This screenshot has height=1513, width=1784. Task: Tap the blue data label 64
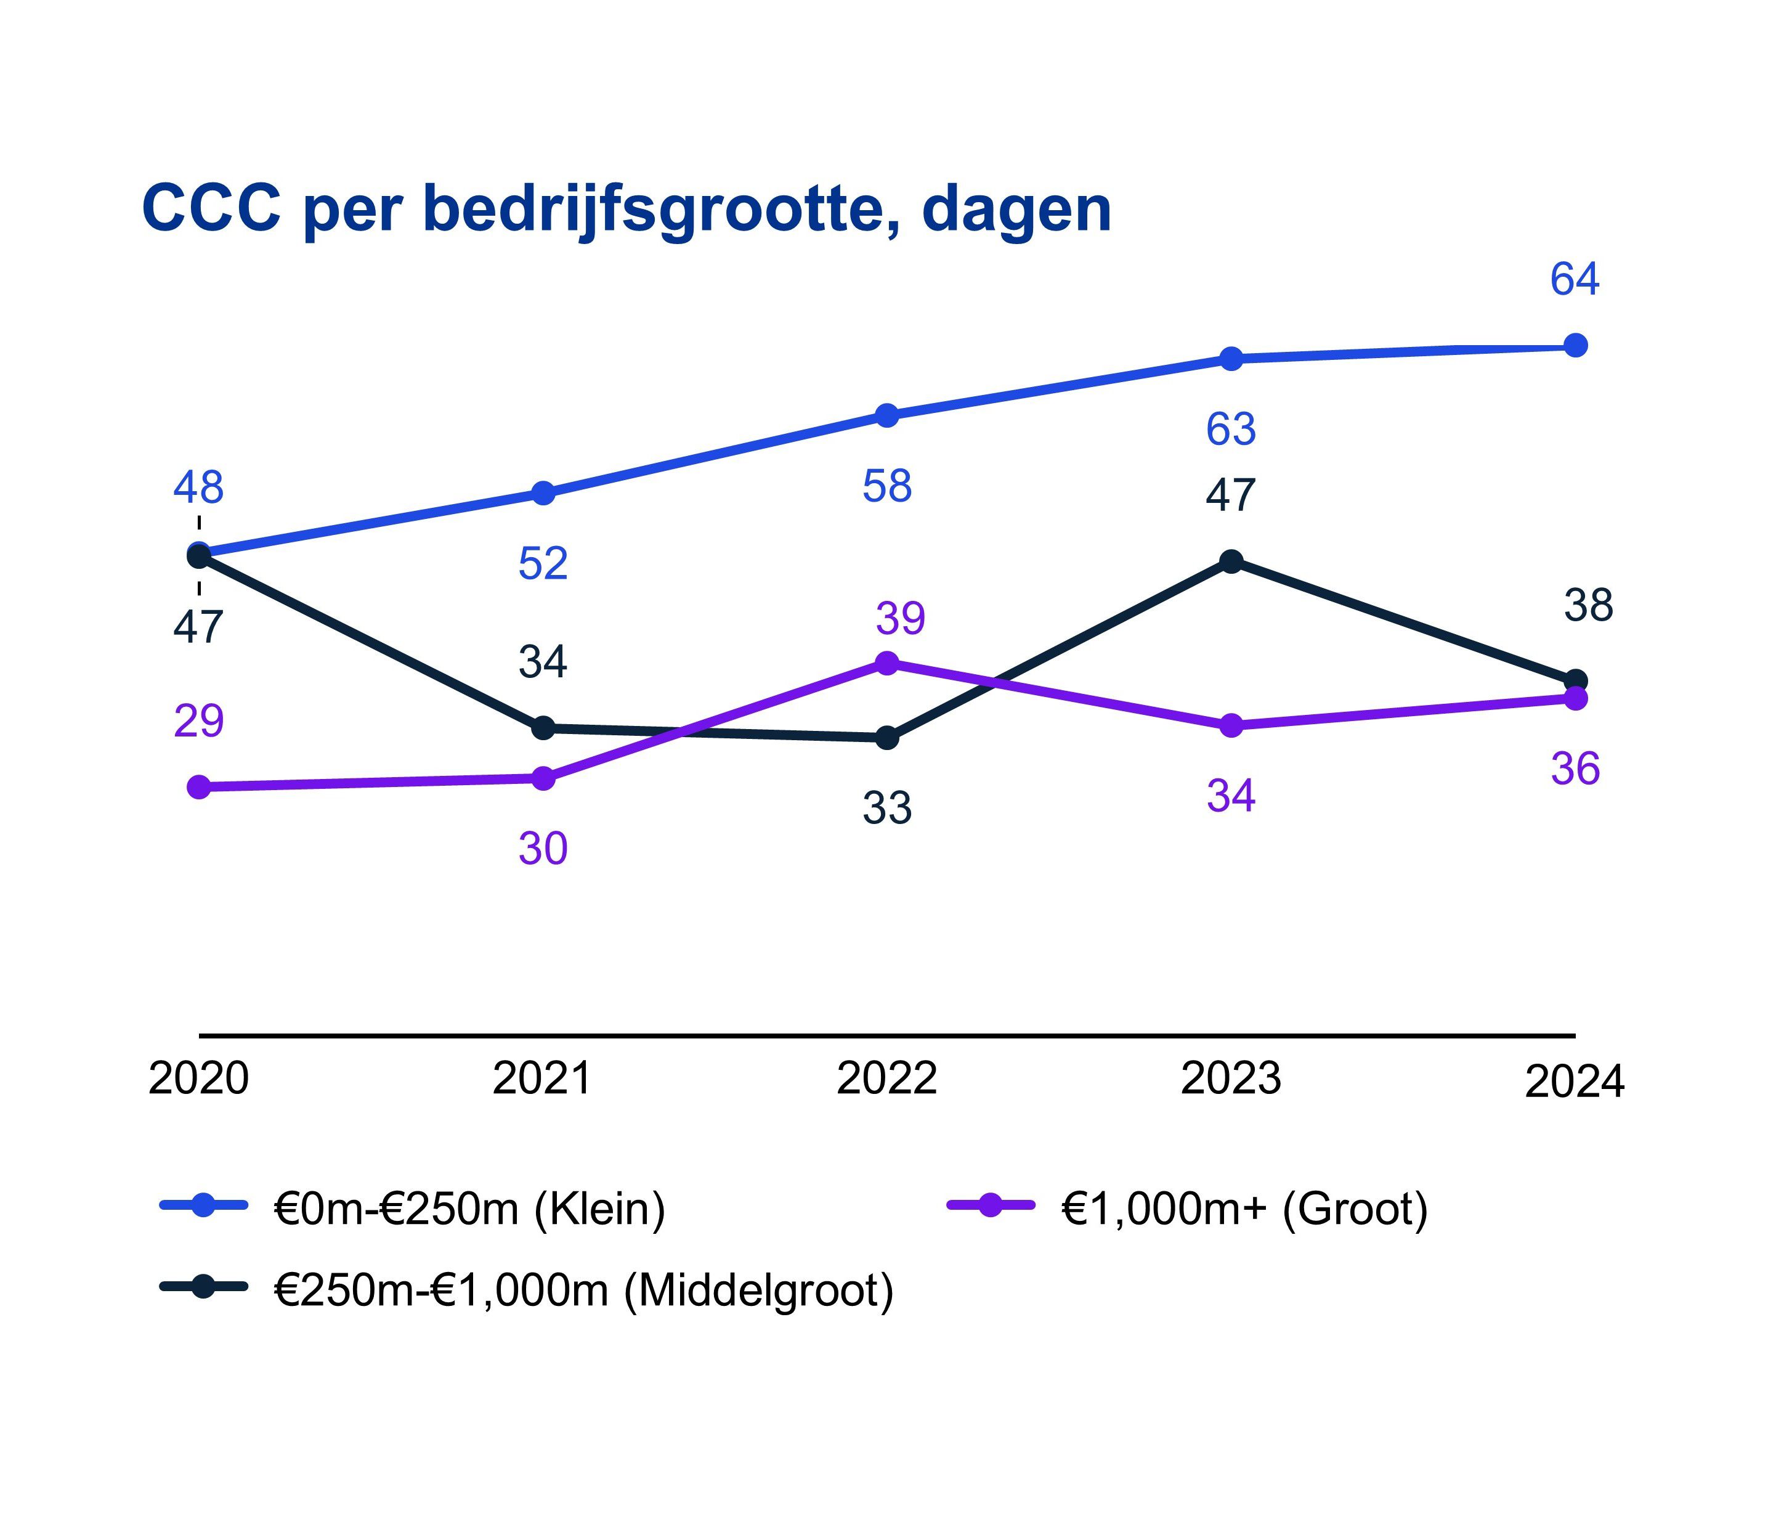tap(1574, 280)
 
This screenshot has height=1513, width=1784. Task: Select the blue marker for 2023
tap(1231, 359)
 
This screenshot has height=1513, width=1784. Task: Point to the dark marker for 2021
tap(543, 727)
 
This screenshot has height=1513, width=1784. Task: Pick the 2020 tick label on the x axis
tap(199, 1078)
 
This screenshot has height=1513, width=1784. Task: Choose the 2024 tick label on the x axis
tap(1574, 1081)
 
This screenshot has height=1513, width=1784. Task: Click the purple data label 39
tap(900, 618)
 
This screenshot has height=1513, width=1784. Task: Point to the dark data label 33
tap(887, 808)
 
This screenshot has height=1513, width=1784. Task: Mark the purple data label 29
tap(199, 721)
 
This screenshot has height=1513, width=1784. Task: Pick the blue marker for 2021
tap(543, 493)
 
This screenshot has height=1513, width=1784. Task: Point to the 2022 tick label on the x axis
tap(887, 1078)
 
